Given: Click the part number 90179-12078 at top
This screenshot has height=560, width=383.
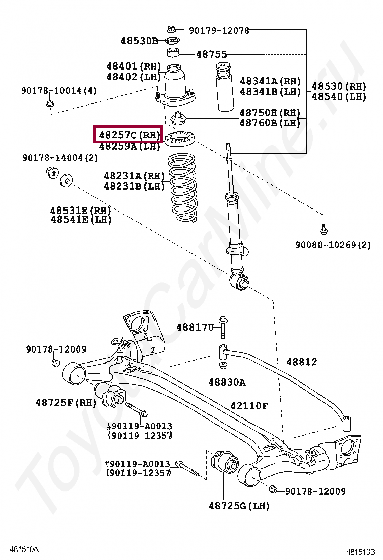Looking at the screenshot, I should [x=219, y=30].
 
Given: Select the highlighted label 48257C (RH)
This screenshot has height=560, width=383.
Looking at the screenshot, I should [x=129, y=135].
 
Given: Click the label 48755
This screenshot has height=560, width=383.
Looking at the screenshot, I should [x=211, y=54].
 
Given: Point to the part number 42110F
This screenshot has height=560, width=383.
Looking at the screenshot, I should [x=249, y=406].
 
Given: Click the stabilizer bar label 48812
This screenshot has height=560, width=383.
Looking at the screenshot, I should [x=301, y=362].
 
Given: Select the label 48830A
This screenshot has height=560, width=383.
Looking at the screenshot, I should [x=227, y=382].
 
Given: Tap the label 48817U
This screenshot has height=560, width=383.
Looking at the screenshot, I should [x=195, y=327].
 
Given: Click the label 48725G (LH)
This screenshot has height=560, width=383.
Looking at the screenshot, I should [x=239, y=505].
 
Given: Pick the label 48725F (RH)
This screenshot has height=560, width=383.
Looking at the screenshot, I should [x=66, y=402].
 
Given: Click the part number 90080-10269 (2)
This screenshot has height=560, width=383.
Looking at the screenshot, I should [x=333, y=245].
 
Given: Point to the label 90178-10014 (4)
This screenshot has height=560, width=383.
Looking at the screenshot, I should [x=59, y=91].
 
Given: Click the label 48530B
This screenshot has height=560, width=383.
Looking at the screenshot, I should [x=139, y=40].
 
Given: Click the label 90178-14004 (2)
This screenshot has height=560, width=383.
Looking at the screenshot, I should [x=60, y=158].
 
